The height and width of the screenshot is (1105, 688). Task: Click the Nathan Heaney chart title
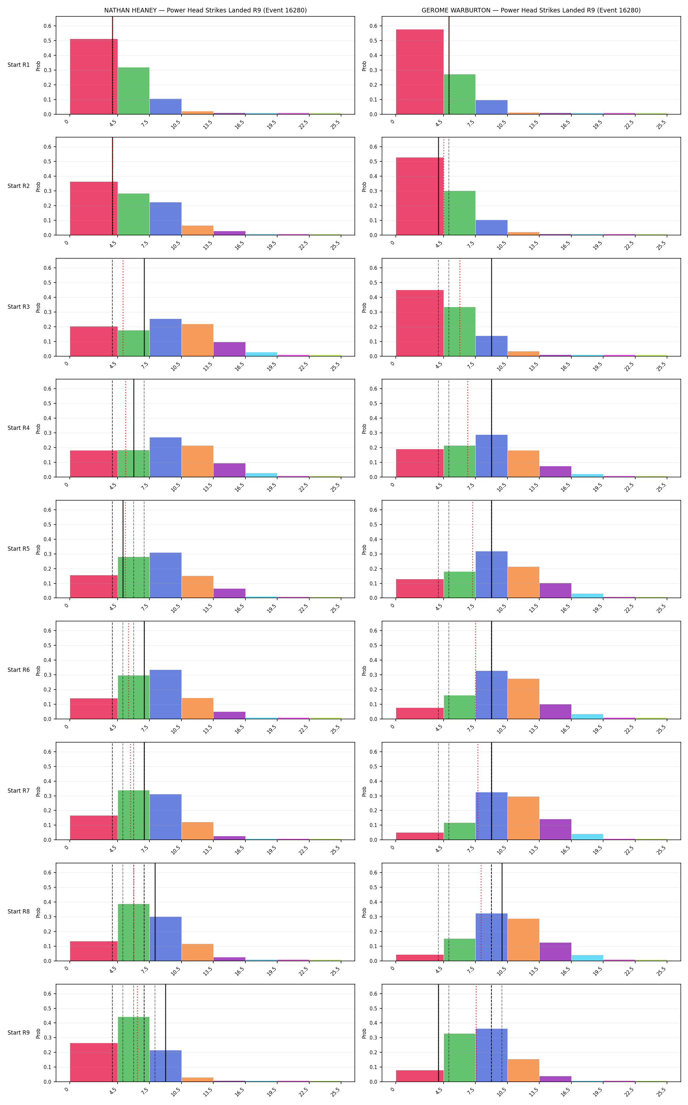[205, 10]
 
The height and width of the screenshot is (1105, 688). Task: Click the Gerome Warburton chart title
[531, 10]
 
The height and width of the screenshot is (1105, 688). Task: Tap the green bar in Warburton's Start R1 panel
[460, 94]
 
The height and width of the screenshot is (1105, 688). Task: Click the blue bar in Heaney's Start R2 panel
[166, 219]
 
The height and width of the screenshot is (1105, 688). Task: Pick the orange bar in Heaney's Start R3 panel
[198, 340]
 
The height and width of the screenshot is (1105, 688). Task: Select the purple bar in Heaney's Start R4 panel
[229, 470]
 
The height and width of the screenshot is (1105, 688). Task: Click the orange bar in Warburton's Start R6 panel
[523, 699]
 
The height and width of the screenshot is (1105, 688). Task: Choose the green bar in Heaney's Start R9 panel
[134, 1049]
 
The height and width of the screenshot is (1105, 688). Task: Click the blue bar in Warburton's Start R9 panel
[491, 1055]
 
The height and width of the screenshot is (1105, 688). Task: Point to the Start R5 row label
[19, 549]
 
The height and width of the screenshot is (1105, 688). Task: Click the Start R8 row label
[19, 911]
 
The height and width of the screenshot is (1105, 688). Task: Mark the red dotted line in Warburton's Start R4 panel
[467, 428]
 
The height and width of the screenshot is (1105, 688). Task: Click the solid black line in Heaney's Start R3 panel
[144, 307]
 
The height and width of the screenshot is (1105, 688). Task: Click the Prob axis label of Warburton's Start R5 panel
[364, 549]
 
